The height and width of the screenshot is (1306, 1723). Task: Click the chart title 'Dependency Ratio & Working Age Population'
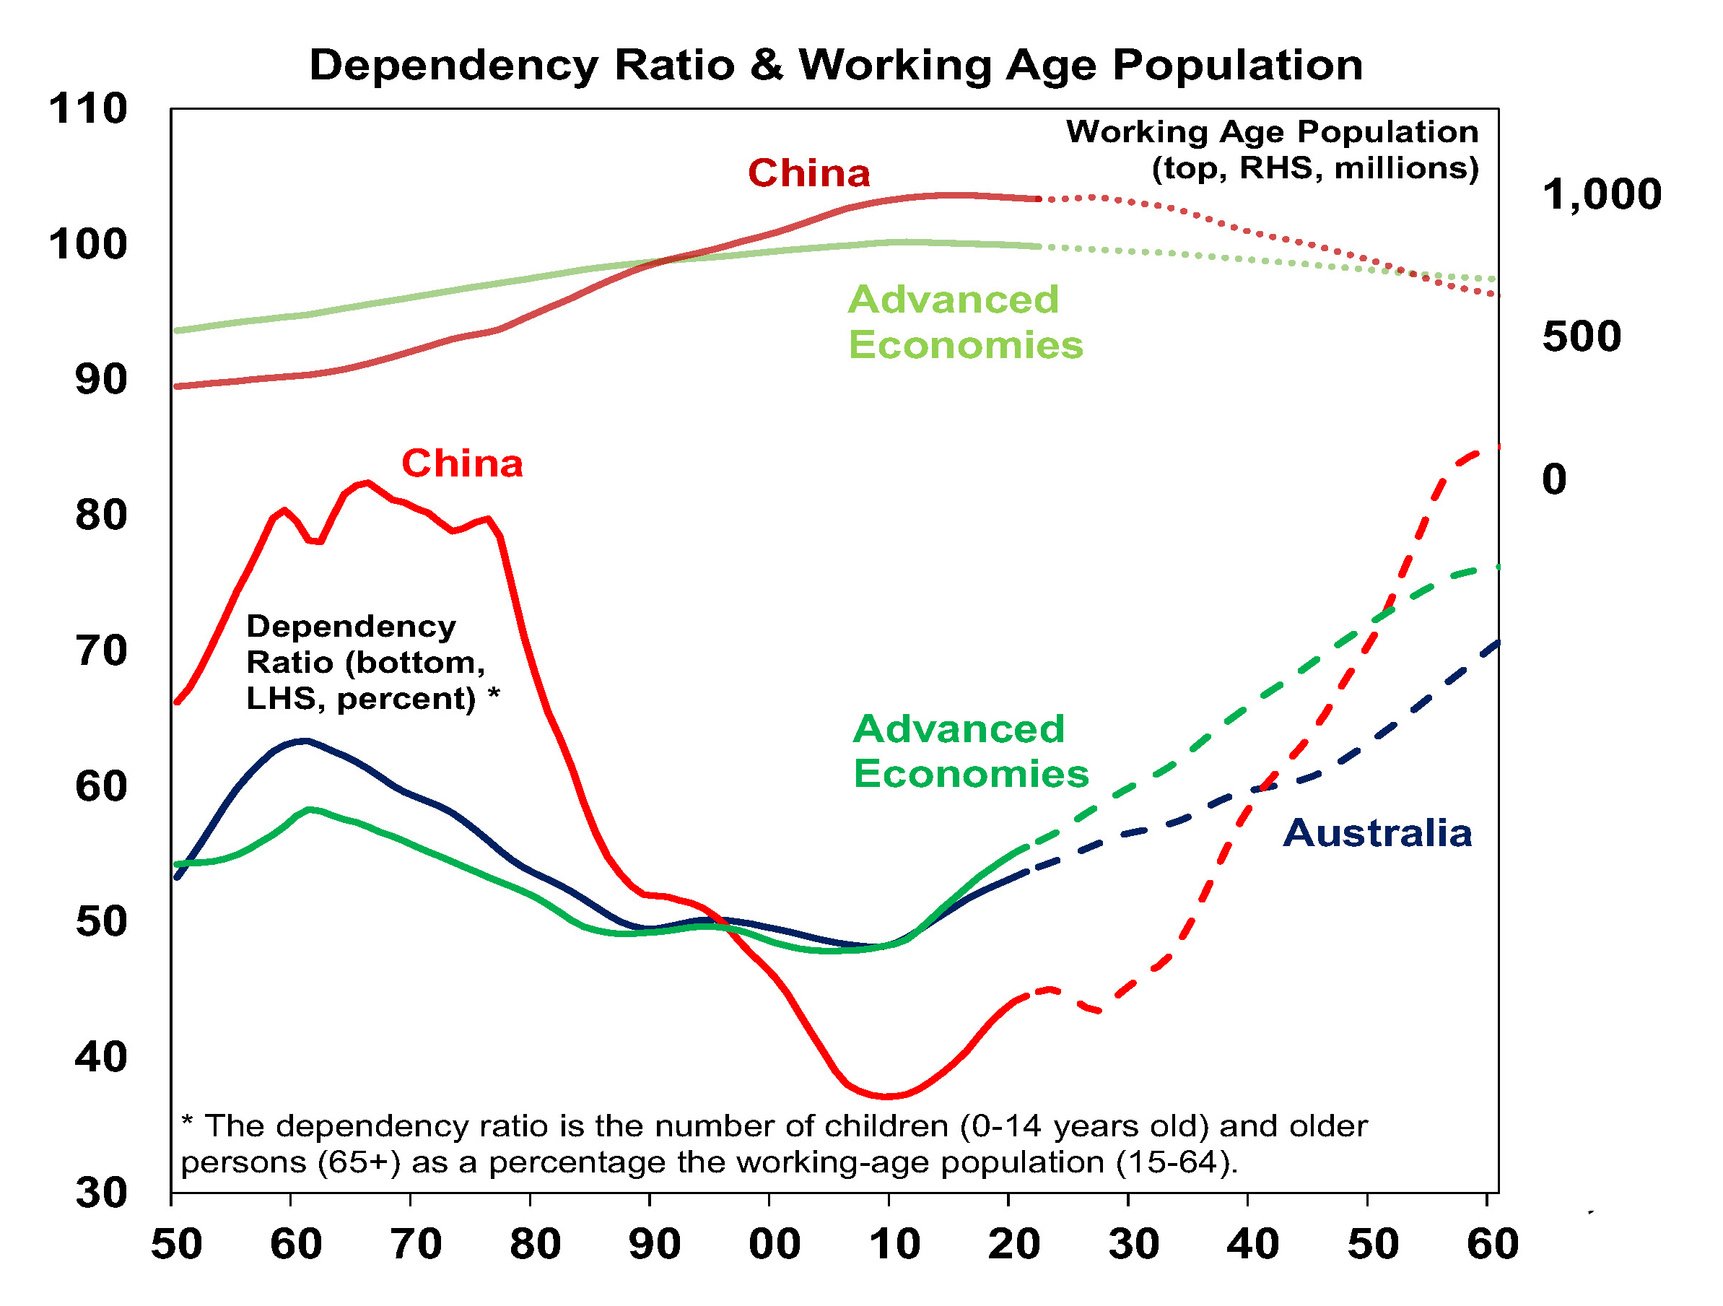pos(836,65)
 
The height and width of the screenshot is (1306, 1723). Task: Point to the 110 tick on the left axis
pos(88,109)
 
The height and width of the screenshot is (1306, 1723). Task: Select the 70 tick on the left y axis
pos(101,650)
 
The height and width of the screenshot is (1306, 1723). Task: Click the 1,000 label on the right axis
pos(1602,195)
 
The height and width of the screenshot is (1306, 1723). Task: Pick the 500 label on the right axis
pos(1582,336)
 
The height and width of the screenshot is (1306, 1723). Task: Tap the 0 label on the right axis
pos(1554,479)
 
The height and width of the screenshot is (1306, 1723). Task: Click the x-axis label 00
pos(775,1245)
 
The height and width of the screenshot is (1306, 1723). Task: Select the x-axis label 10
pos(894,1245)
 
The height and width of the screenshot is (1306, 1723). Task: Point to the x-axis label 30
pos(1134,1245)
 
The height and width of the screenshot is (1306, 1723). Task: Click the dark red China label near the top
pos(808,174)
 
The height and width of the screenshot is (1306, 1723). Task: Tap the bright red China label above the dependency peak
pos(462,464)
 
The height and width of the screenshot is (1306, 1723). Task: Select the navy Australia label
pos(1377,834)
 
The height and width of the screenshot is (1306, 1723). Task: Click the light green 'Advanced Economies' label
pos(964,323)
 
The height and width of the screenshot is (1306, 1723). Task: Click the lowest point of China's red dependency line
pos(888,1097)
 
